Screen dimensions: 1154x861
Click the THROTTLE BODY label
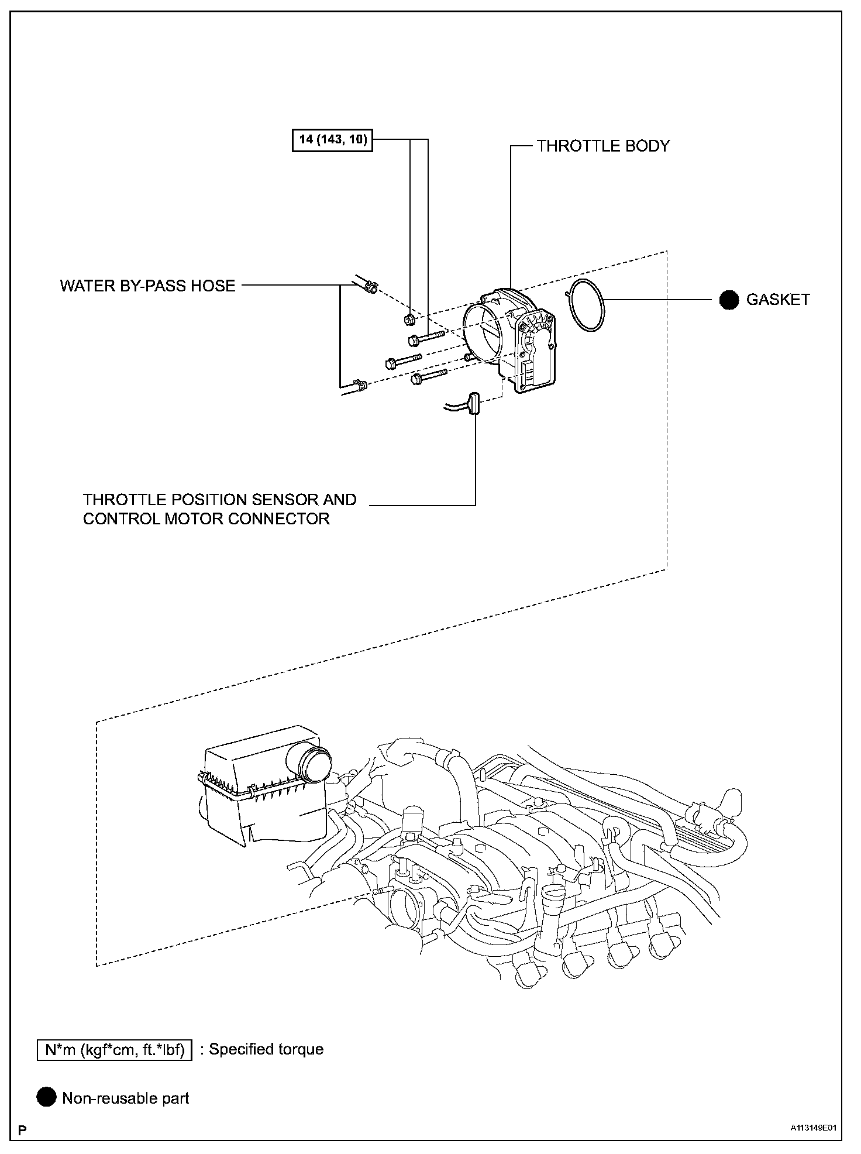tap(603, 146)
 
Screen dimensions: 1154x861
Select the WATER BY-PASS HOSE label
tap(147, 286)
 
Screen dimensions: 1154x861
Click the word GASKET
tap(778, 300)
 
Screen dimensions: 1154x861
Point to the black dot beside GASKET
tap(729, 300)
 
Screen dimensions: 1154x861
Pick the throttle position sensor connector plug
tap(473, 404)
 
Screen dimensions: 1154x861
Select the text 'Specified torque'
tap(266, 1049)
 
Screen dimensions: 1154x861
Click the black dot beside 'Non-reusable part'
tap(46, 1098)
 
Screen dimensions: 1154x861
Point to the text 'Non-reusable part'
tap(126, 1098)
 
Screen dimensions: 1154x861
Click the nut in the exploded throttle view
tap(409, 320)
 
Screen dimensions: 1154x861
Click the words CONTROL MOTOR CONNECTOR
tap(206, 518)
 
